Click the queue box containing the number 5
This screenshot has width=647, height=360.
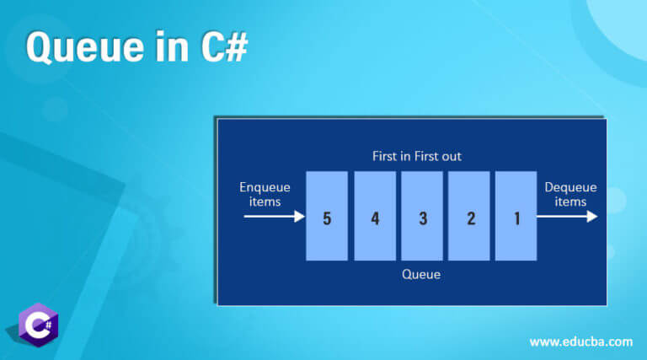[x=327, y=216]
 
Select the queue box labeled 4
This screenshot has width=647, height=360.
[x=375, y=216]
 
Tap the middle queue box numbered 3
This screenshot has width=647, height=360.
[x=422, y=216]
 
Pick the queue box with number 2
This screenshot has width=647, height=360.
[x=469, y=216]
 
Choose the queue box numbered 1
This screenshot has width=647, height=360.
[x=516, y=216]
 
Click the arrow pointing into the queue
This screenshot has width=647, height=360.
[x=275, y=217]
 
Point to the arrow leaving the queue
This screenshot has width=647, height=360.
[x=567, y=217]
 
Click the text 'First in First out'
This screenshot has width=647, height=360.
[x=417, y=156]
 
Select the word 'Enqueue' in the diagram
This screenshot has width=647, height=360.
[x=265, y=187]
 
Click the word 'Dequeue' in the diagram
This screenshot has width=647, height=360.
[x=570, y=187]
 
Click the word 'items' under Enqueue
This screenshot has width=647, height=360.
[x=265, y=201]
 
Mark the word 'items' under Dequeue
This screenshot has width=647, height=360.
[x=570, y=201]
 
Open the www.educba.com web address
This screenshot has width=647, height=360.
[x=580, y=341]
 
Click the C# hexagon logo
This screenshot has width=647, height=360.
[x=39, y=324]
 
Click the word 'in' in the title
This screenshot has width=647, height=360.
[x=167, y=48]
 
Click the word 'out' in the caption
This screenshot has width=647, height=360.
[x=451, y=156]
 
